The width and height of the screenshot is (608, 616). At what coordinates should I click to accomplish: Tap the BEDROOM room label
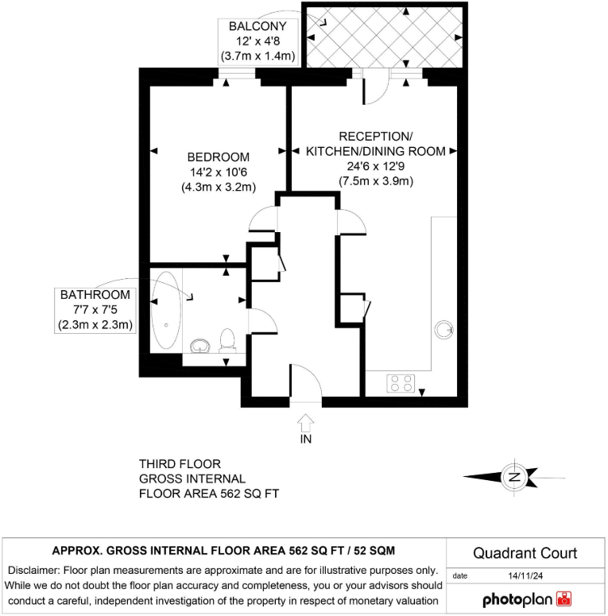[x=218, y=157]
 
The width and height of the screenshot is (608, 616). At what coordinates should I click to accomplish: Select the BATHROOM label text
[x=95, y=295]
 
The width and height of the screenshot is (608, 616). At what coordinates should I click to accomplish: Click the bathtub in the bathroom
[x=166, y=311]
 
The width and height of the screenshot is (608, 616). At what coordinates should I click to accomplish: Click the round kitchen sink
[x=443, y=327]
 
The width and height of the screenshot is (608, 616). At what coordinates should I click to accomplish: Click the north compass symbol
[x=514, y=477]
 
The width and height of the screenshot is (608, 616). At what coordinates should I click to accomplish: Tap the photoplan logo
[x=527, y=598]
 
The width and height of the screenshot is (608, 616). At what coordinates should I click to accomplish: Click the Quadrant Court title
[x=525, y=553]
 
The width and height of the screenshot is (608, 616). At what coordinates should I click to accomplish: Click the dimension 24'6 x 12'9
[x=376, y=167]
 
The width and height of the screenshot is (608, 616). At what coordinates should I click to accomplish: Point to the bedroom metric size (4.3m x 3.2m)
[x=218, y=188]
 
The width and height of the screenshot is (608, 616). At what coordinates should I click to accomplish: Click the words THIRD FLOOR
[x=180, y=463]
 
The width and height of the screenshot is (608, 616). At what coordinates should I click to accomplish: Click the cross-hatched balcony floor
[x=381, y=37]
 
